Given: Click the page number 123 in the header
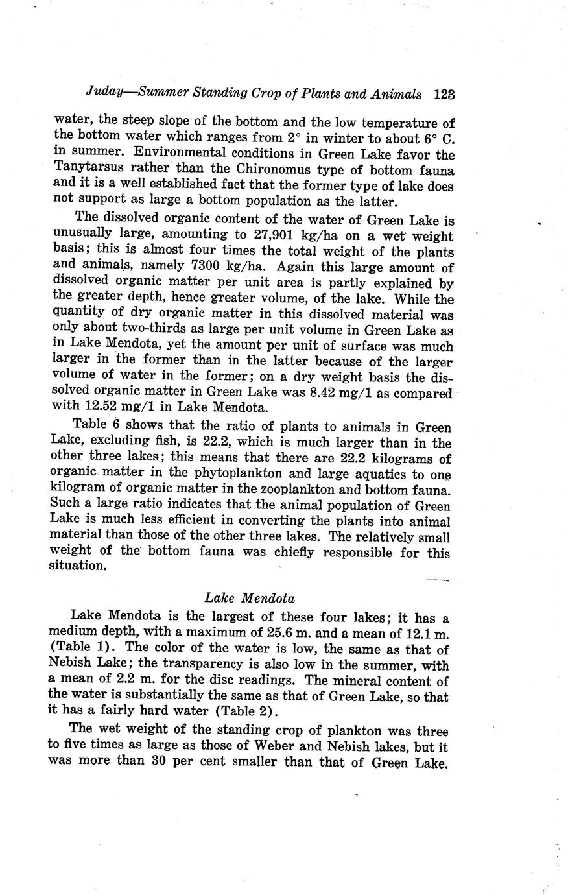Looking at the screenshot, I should click(x=444, y=94).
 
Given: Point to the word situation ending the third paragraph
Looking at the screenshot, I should click(x=77, y=566).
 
